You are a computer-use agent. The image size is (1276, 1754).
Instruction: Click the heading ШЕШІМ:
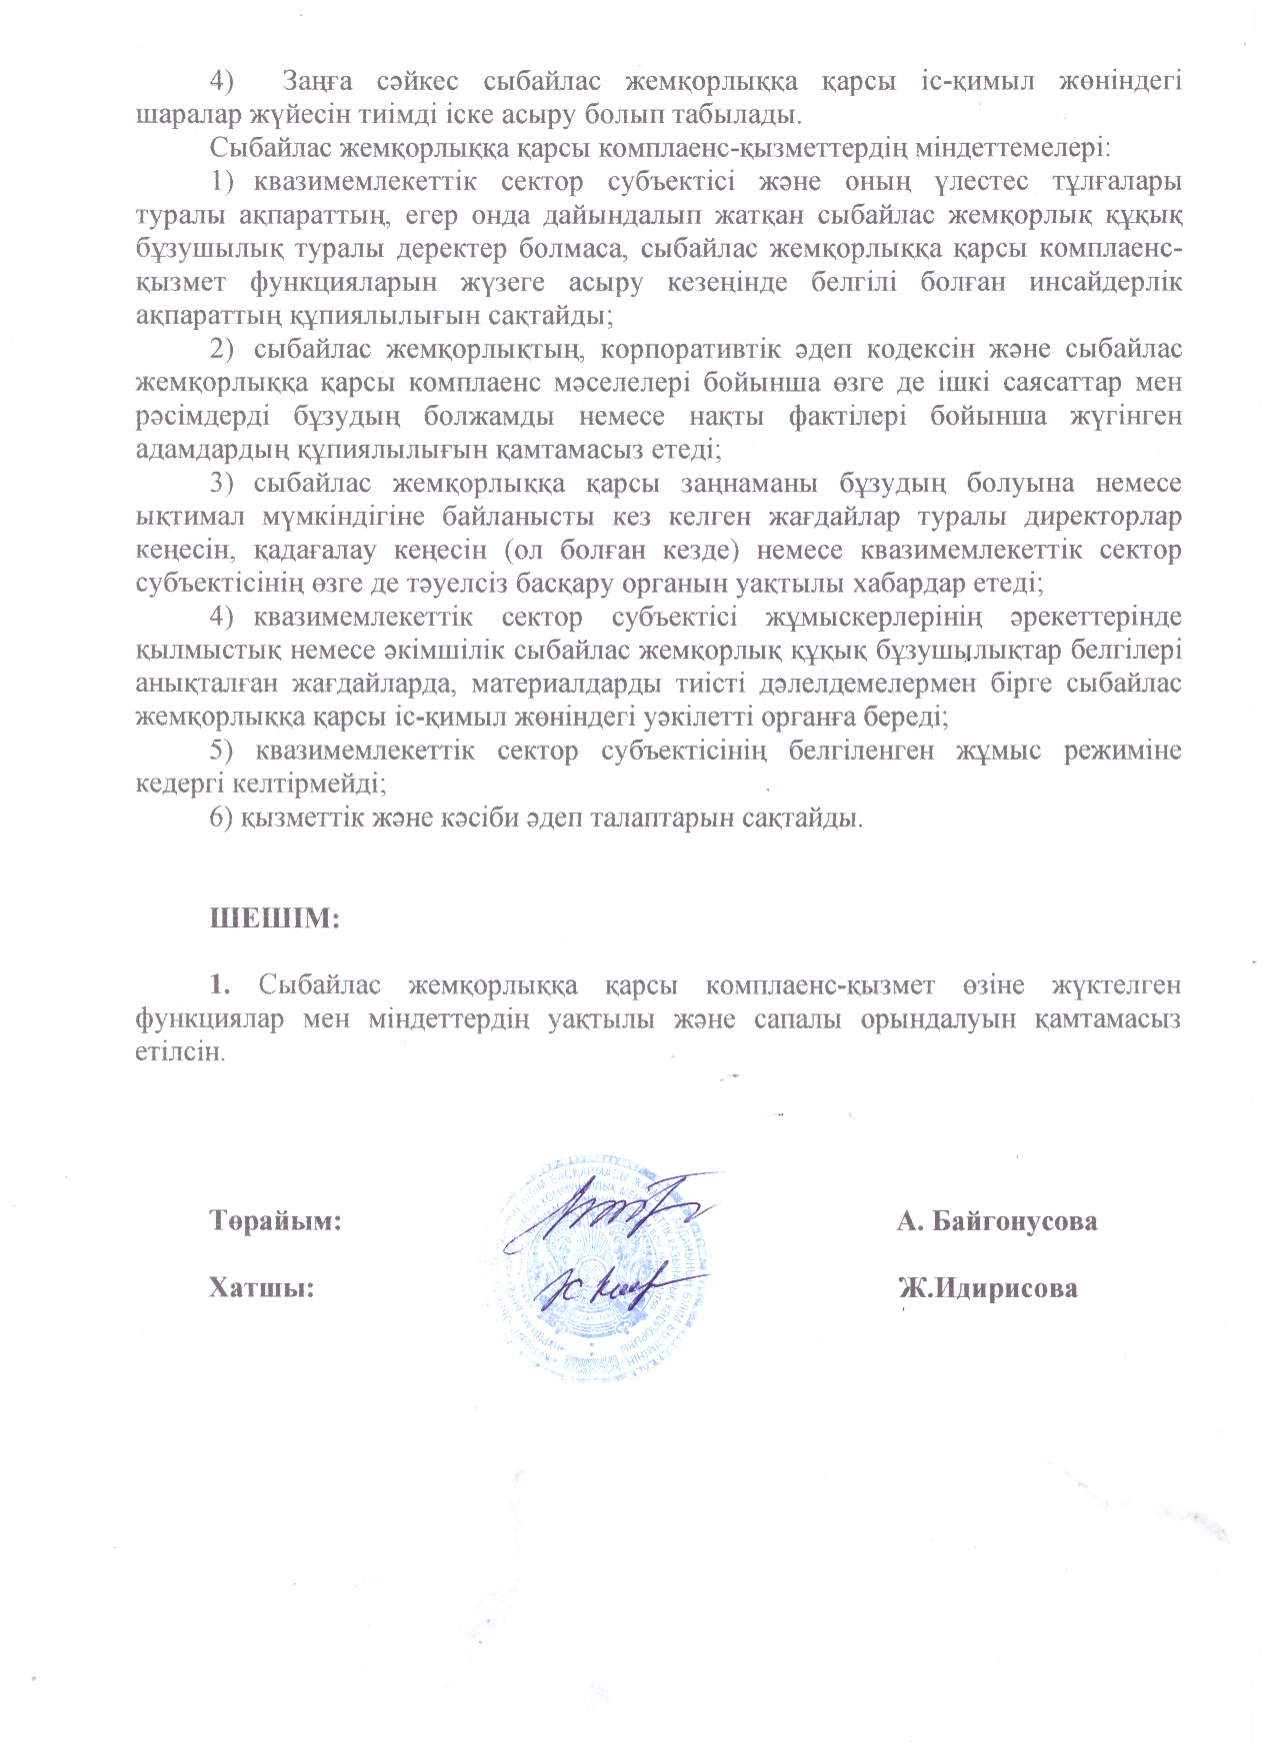tap(275, 917)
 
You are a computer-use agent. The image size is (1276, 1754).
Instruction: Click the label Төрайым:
tap(275, 1220)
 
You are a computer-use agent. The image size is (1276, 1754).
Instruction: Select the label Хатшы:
tap(261, 1287)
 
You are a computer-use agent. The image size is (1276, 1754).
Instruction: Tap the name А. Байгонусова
tap(997, 1220)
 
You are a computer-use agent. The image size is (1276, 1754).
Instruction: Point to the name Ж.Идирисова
tap(988, 1287)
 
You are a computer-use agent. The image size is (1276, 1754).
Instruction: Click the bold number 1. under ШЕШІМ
tap(220, 984)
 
